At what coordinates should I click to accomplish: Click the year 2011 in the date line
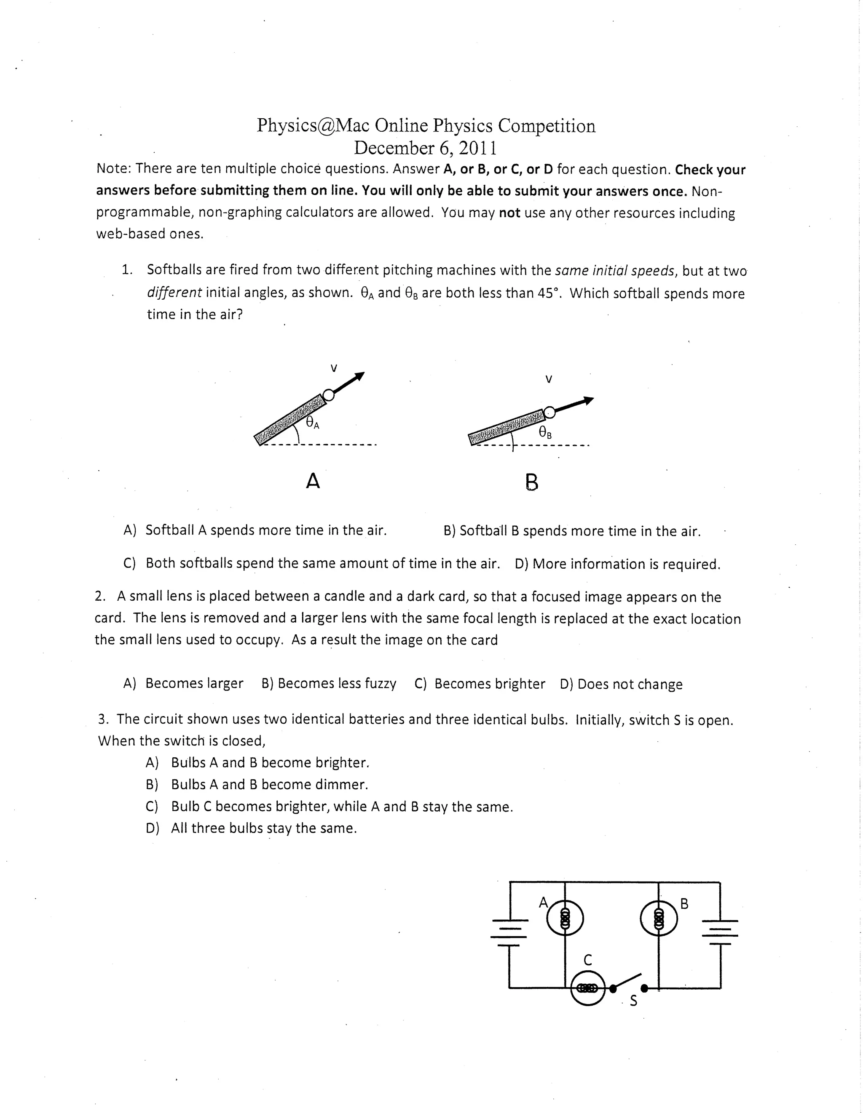(477, 148)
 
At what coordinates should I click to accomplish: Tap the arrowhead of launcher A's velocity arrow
(360, 376)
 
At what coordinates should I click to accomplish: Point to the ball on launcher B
(549, 412)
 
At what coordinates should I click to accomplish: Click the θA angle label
(312, 423)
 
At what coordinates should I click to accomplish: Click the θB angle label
(545, 433)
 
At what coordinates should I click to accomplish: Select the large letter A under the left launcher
(313, 481)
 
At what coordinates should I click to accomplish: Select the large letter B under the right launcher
(531, 482)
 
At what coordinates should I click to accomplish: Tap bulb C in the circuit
(587, 988)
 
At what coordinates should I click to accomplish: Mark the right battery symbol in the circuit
(720, 932)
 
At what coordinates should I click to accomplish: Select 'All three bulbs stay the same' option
(264, 828)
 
